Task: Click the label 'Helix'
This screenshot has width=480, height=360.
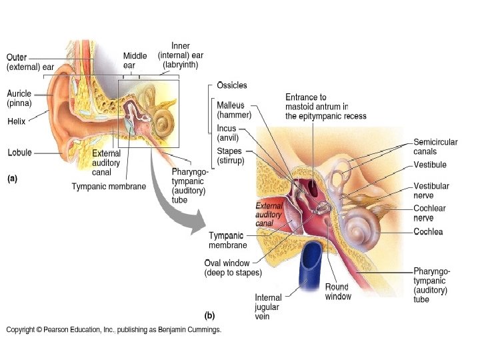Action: tap(17, 121)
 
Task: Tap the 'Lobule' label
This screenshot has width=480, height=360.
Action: tap(19, 153)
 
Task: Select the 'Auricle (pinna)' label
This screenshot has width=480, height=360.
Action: tap(19, 99)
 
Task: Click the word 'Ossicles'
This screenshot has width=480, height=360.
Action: tap(232, 85)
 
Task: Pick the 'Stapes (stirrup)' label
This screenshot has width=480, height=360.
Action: tap(230, 156)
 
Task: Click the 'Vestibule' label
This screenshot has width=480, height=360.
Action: tap(430, 165)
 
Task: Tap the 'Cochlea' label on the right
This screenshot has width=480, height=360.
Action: tap(428, 232)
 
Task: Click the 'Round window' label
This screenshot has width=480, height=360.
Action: tap(338, 291)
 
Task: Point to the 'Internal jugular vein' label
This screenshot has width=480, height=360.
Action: tap(268, 307)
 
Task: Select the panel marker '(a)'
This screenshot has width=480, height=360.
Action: tap(12, 179)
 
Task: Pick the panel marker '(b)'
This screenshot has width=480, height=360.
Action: tap(210, 315)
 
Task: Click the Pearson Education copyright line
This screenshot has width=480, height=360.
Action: tap(113, 329)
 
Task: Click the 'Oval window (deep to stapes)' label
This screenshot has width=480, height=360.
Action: tap(233, 267)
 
